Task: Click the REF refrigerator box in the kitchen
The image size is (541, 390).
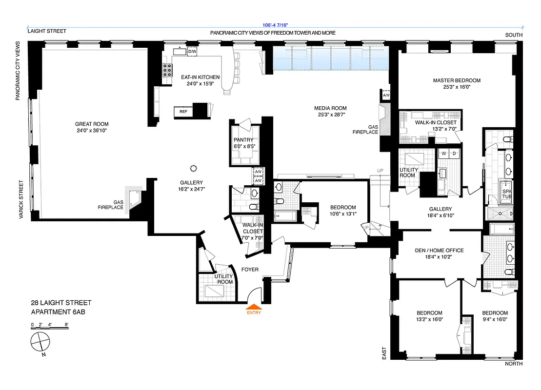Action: coord(183,112)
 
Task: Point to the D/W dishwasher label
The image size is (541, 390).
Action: coord(192,52)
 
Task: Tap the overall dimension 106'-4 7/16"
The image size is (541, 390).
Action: coord(276,26)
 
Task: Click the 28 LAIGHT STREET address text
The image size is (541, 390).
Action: coord(61,303)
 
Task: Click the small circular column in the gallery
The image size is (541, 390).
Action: coord(193,165)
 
